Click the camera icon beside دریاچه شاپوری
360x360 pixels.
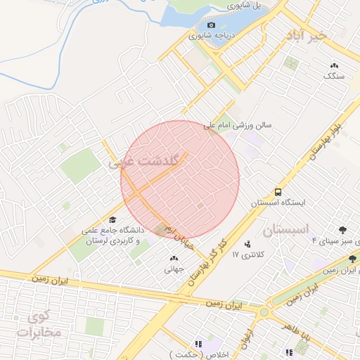pyautogui.click(x=192, y=25)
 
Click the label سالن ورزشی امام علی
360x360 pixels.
pyautogui.click(x=238, y=126)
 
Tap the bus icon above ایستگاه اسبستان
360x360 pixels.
pyautogui.click(x=279, y=192)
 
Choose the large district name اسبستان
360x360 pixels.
pyautogui.click(x=285, y=230)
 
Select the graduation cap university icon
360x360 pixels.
pyautogui.click(x=112, y=219)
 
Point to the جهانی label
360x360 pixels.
pyautogui.click(x=174, y=269)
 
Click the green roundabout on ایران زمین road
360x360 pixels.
pyautogui.click(x=264, y=312)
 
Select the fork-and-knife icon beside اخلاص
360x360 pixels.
pyautogui.click(x=199, y=344)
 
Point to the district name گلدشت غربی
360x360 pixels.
pyautogui.click(x=146, y=161)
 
